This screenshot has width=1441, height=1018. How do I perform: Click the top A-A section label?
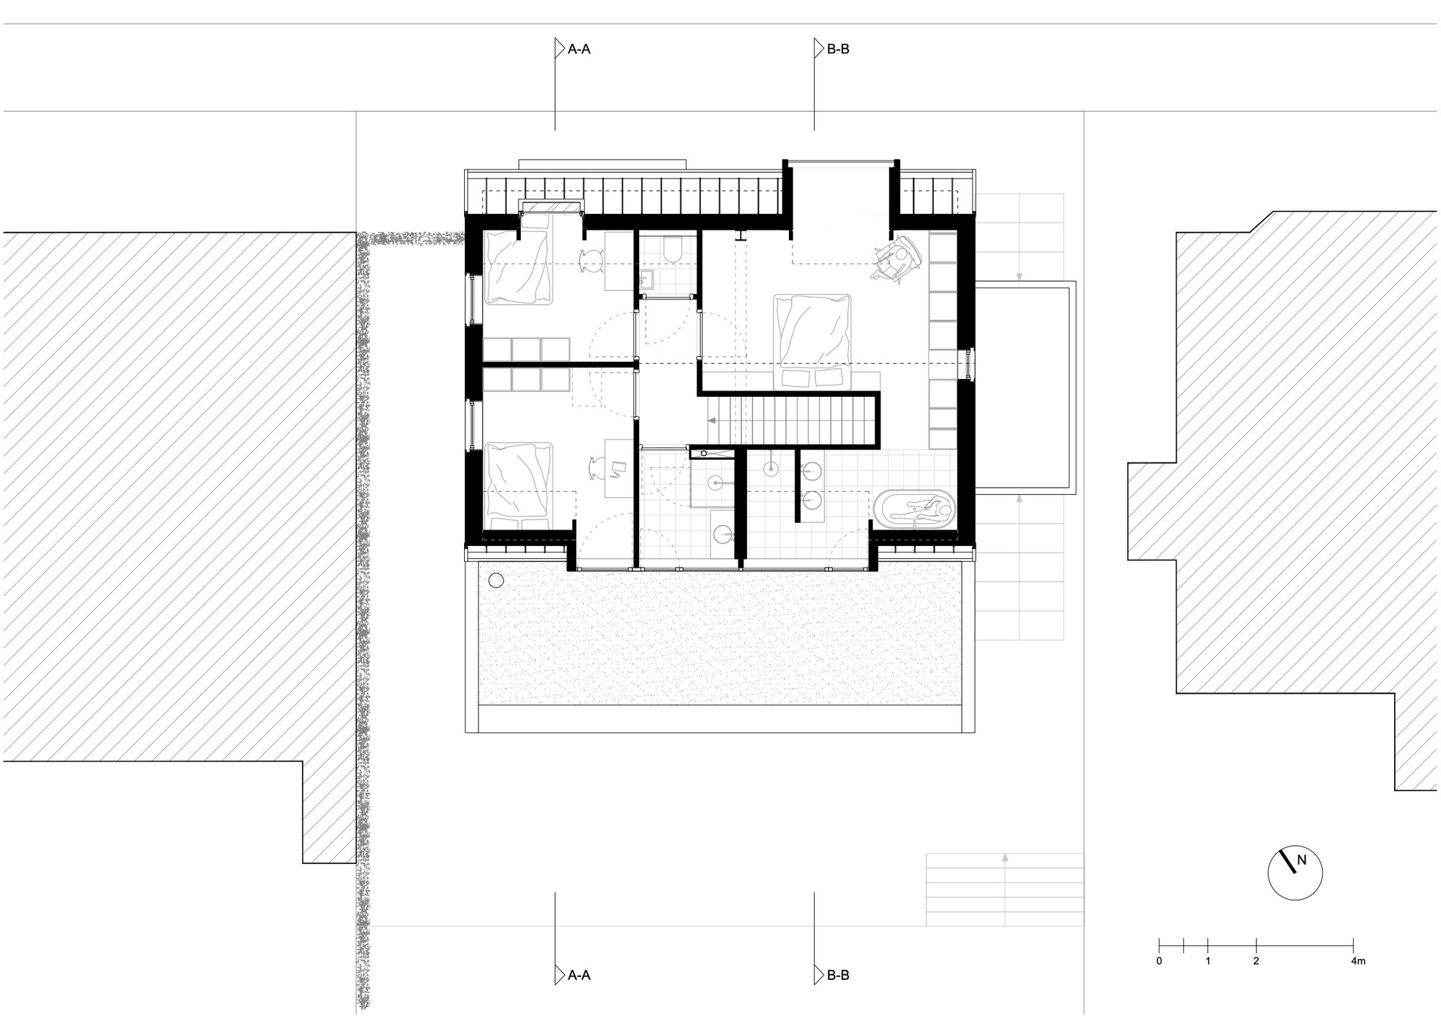(x=579, y=50)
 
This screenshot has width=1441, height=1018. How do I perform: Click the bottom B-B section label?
(x=838, y=975)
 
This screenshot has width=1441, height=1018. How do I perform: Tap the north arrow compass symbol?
(x=1295, y=872)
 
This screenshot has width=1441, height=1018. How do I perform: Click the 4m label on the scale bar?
(x=1358, y=961)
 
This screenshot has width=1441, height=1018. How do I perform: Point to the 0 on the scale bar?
(x=1159, y=961)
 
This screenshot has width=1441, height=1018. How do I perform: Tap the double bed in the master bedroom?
(x=812, y=341)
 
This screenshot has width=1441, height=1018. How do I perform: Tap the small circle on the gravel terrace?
(x=496, y=579)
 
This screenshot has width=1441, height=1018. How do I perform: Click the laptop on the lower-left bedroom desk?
(x=618, y=469)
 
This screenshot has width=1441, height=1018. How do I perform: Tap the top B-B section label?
(x=838, y=50)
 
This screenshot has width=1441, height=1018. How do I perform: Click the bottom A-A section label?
(x=579, y=975)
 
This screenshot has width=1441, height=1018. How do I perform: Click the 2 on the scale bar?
(x=1256, y=961)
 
